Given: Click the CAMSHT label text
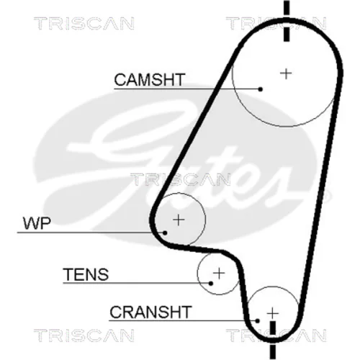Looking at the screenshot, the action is [x=150, y=80].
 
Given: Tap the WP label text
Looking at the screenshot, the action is [x=37, y=223].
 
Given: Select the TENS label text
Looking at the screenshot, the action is [x=86, y=274].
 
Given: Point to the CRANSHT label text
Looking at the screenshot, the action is [x=150, y=312].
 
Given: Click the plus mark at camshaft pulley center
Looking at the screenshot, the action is [x=286, y=73].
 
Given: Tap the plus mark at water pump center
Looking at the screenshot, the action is [x=179, y=220].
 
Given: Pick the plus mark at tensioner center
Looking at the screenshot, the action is [x=219, y=273].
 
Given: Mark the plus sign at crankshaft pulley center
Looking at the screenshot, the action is [x=273, y=313].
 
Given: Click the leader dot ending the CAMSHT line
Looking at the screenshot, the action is [x=261, y=89].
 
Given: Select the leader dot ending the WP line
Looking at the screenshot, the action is [x=165, y=233].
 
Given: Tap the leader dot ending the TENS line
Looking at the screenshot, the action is [x=211, y=284].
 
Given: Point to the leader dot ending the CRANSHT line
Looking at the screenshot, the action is [x=258, y=320].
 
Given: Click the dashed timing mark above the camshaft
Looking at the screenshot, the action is [x=287, y=21].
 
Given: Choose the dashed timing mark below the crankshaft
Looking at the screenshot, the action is [x=273, y=341].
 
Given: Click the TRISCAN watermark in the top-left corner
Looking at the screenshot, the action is [x=84, y=24].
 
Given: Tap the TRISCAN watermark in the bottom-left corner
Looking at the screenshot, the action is [x=84, y=336].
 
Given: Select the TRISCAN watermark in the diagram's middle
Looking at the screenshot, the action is [x=180, y=179].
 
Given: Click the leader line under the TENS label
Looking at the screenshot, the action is [x=137, y=283].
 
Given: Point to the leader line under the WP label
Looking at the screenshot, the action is [x=91, y=233].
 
